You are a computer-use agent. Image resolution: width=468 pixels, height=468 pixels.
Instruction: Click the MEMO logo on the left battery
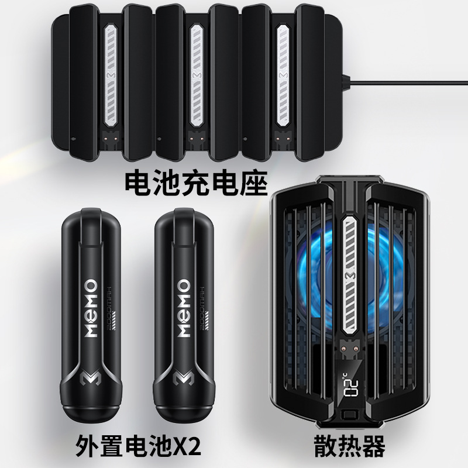click(x=91, y=307)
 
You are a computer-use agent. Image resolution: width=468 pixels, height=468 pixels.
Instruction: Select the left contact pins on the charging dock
click(x=112, y=140)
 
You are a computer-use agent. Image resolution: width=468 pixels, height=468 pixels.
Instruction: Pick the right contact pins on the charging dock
click(x=285, y=140)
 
